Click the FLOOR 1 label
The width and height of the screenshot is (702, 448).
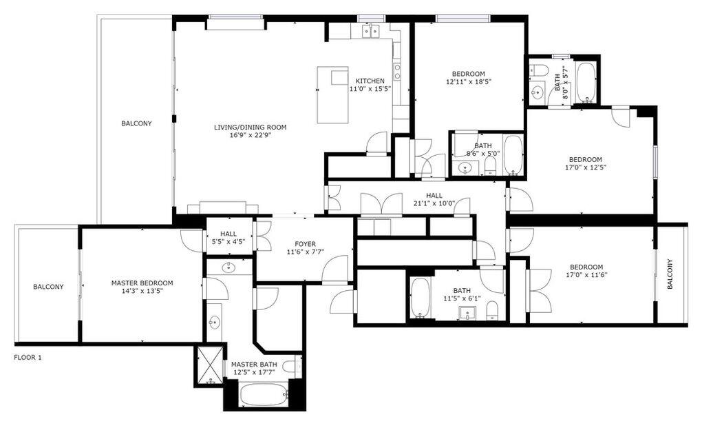tap(28, 358)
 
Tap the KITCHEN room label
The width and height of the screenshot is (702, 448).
tap(370, 81)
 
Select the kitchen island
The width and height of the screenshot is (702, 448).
tap(333, 94)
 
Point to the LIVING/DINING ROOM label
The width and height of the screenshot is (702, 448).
tap(250, 127)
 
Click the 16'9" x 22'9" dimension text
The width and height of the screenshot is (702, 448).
tap(250, 135)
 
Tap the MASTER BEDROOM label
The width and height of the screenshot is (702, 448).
tap(142, 283)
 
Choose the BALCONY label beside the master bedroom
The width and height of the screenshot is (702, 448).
tap(48, 287)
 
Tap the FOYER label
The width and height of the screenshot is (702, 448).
tap(306, 244)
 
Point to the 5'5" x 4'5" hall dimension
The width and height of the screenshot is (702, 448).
tap(228, 242)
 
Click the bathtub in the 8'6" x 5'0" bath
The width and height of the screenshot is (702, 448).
tap(513, 155)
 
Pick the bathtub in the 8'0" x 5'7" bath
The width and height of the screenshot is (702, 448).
tap(586, 81)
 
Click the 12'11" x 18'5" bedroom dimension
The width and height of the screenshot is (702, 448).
tap(468, 81)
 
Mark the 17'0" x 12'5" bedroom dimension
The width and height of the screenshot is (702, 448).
tap(585, 167)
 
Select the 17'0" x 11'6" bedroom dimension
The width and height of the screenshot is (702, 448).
tap(586, 275)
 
